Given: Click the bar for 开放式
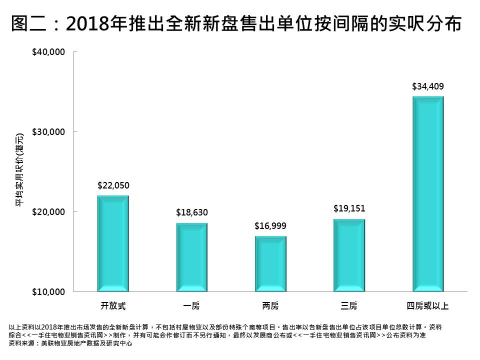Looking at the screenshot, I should click(113, 243).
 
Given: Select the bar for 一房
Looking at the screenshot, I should click(191, 257).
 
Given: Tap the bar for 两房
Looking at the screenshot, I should click(270, 263).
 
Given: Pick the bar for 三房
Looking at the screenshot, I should click(349, 255).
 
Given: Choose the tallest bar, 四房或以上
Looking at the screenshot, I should click(428, 193).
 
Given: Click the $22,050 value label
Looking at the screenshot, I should click(113, 185).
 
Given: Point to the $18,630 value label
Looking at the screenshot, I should click(191, 213).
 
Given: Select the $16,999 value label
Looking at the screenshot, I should click(270, 226).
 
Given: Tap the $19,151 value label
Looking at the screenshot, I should click(349, 209).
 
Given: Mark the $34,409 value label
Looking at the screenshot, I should click(428, 86).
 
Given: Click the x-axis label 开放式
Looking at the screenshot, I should click(113, 305).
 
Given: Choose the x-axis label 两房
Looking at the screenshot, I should click(270, 305).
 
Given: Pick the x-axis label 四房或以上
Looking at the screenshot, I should click(428, 305).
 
